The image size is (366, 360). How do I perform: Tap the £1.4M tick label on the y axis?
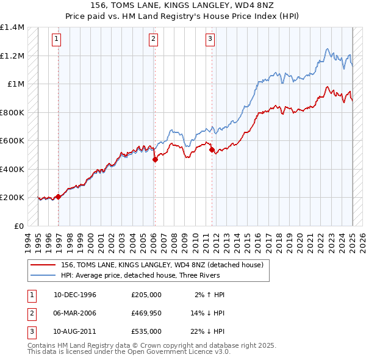(x=12, y=27)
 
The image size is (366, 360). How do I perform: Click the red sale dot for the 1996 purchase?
(x=59, y=196)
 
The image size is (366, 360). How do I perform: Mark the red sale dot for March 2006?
(x=154, y=159)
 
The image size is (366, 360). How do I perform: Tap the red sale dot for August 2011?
(x=212, y=150)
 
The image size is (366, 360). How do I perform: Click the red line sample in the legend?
(x=43, y=265)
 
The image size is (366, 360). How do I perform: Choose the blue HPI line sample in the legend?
(x=43, y=275)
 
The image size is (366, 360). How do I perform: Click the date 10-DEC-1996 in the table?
(x=75, y=295)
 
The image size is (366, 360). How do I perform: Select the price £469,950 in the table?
(x=146, y=313)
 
